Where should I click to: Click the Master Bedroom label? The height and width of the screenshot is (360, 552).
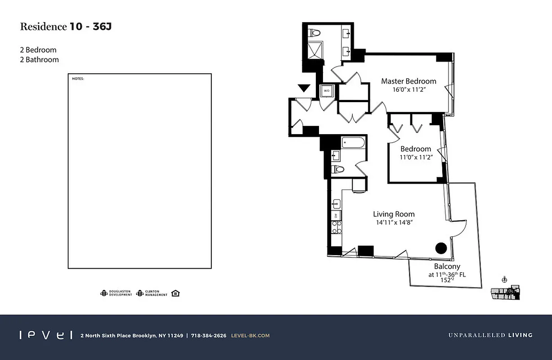coord(408,81)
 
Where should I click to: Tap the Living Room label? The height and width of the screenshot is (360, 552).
coord(394,214)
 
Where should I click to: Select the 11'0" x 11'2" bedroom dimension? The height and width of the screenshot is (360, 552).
coord(416,157)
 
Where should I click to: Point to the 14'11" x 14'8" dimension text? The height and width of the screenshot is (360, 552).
coord(394,222)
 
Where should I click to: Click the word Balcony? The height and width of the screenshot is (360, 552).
coord(447,267)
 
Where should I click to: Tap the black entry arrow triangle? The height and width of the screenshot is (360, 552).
coord(305,88)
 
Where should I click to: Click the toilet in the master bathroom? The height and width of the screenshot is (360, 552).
coord(314,33)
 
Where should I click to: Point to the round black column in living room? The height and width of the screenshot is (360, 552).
coord(441,247)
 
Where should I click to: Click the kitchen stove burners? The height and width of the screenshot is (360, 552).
coord(336,227)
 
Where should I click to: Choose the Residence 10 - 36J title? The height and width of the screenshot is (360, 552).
coord(66,27)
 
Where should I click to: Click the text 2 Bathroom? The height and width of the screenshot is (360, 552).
coord(39,59)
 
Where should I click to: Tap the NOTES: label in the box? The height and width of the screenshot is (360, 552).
coord(78,79)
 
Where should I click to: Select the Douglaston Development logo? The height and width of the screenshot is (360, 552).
coord(116,293)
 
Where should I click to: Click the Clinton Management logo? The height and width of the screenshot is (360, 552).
coord(152,293)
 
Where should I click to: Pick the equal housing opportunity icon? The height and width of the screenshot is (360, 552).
coord(175,293)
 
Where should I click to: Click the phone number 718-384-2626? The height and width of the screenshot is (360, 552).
coord(208,336)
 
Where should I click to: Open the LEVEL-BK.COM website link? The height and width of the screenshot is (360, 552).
coord(250,336)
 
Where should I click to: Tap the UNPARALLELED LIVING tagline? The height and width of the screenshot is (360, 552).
coord(490,335)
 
